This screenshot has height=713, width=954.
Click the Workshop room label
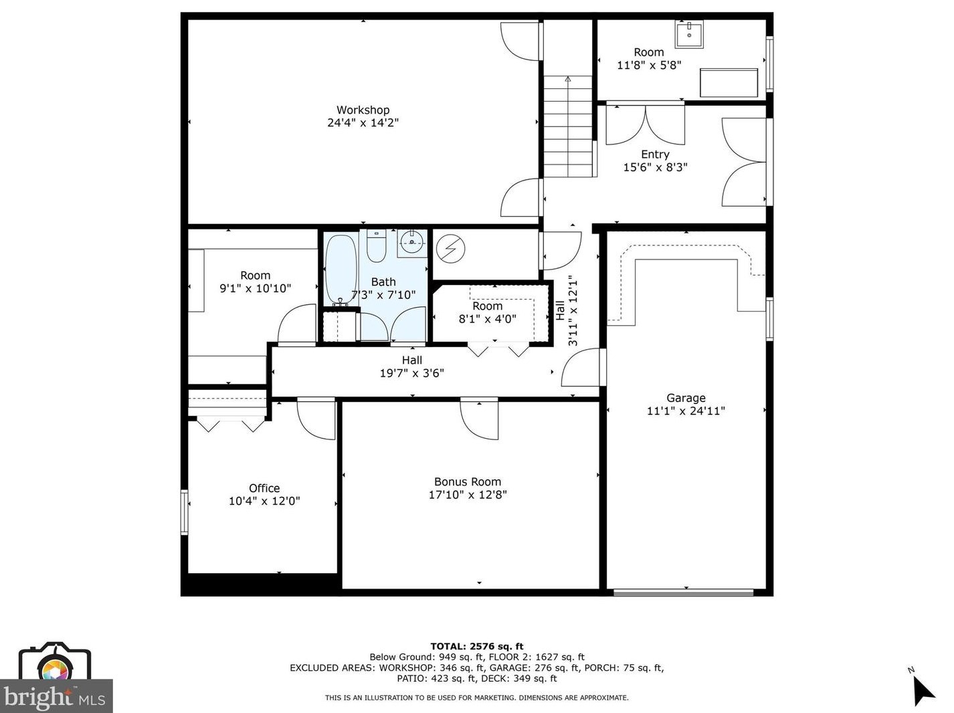tap(363, 110)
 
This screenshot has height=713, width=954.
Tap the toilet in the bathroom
tap(377, 247)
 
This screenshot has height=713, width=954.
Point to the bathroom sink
tap(412, 243)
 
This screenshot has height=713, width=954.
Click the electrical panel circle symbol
tap(450, 249)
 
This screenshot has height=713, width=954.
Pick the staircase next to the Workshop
tap(568, 126)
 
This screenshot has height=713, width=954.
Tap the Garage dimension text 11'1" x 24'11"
tap(686, 411)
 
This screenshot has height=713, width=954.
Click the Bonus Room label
tap(467, 482)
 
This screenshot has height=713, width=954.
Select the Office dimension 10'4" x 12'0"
tap(264, 501)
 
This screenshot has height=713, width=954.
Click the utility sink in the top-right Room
tap(689, 34)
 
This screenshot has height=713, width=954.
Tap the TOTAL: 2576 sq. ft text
tap(476, 646)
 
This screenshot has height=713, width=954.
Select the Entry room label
tap(655, 155)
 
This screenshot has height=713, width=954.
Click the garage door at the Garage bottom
tap(683, 592)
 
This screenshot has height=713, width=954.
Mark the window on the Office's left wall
tap(185, 512)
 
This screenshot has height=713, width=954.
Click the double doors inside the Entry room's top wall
tap(645, 125)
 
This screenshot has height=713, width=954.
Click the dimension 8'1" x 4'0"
tap(487, 319)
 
